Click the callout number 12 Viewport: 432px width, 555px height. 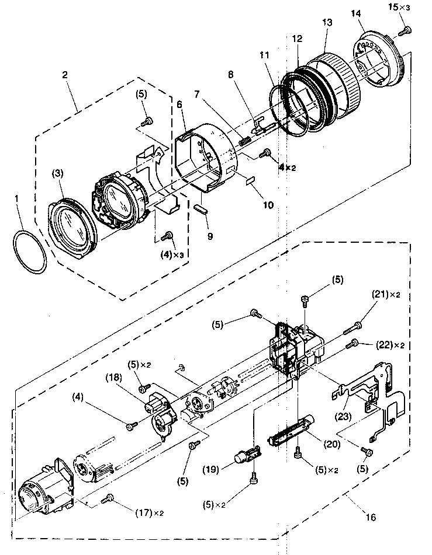pos(298,39)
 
